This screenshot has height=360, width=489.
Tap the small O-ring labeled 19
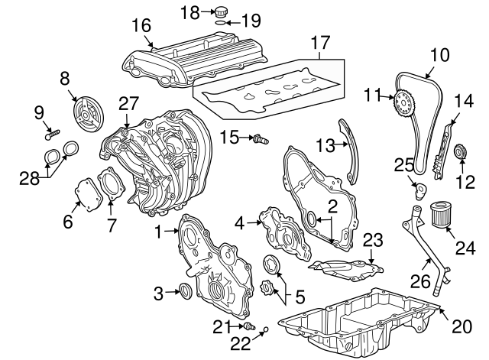point(221,23)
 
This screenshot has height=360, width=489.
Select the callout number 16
point(141,25)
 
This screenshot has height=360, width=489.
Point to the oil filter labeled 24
point(439,215)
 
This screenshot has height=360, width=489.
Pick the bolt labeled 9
point(53,135)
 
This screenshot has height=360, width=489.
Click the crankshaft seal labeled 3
point(186,290)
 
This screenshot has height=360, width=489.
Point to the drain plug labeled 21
point(250,326)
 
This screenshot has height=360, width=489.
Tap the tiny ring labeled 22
point(266,329)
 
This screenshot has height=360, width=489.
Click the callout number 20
point(461,326)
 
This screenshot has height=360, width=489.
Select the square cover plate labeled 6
point(89,194)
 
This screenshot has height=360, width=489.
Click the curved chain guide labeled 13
point(350,151)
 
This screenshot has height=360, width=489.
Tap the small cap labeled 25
point(419,191)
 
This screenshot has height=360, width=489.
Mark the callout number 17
point(320,43)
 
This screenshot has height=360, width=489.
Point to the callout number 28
point(30,179)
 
